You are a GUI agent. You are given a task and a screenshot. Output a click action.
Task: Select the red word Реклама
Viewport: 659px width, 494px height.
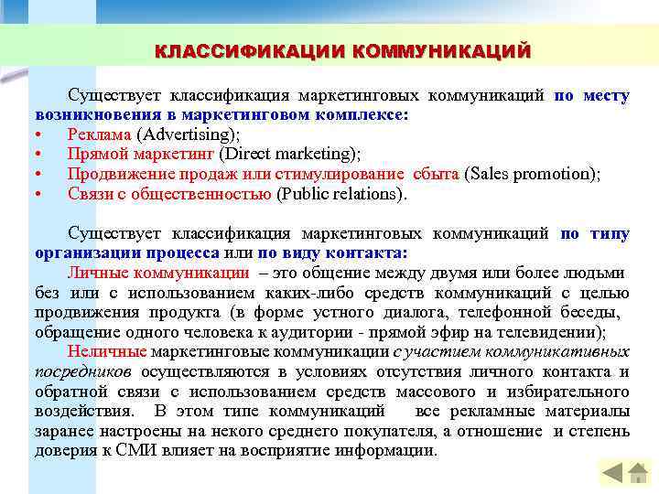coord(98,134)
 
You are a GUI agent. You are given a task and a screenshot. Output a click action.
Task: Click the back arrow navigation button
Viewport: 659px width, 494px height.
coord(610,473)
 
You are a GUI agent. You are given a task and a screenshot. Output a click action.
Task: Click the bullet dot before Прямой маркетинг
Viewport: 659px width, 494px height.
coord(38,154)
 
